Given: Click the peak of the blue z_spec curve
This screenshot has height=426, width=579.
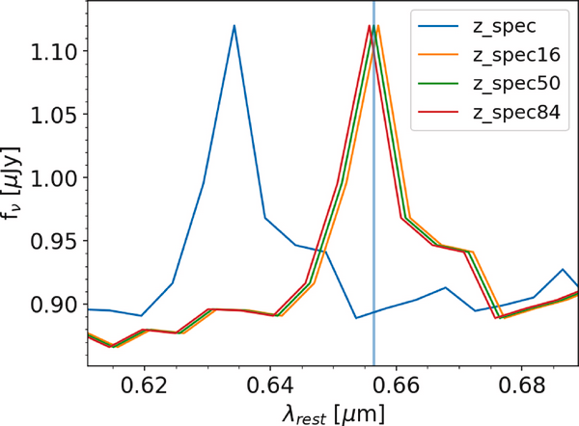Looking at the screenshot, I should pos(234,26).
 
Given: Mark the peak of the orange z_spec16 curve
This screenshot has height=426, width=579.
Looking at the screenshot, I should pos(379,26).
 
